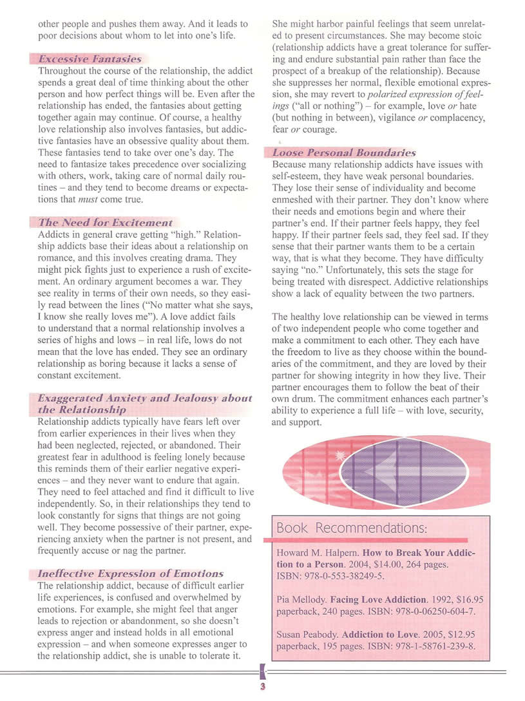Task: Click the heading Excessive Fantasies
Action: click(x=90, y=59)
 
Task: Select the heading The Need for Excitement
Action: click(x=106, y=222)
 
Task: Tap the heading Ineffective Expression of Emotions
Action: click(x=131, y=574)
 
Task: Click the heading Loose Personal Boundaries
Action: click(x=344, y=153)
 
